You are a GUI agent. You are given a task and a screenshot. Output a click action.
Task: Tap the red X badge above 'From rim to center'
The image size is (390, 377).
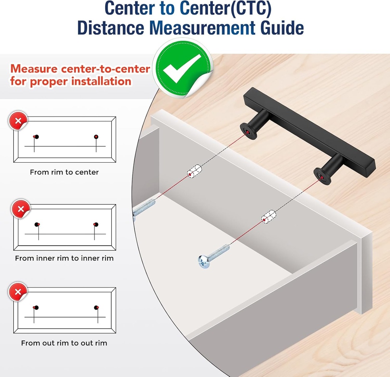click(18, 121)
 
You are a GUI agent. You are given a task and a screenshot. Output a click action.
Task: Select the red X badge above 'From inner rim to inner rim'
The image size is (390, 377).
click(21, 209)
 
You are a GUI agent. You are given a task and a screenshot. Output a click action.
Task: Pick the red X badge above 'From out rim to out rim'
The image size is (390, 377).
click(18, 292)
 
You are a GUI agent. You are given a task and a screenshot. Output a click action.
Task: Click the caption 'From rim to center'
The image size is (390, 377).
click(64, 172)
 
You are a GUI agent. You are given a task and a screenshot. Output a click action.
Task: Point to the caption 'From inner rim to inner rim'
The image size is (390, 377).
click(64, 258)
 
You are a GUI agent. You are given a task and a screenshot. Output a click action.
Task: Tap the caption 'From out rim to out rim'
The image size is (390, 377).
click(64, 343)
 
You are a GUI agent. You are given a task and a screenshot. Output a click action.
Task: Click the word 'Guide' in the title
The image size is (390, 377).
click(282, 28)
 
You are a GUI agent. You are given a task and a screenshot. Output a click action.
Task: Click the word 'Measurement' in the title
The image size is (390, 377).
click(202, 28)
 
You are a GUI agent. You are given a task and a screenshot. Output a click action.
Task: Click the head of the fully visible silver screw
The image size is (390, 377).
click(204, 262)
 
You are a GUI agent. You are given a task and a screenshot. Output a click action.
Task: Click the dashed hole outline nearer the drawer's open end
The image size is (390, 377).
click(194, 171)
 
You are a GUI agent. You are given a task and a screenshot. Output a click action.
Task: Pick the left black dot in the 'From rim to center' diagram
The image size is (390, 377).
click(37, 137)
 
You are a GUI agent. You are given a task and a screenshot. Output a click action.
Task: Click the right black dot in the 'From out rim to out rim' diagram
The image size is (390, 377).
click(96, 308)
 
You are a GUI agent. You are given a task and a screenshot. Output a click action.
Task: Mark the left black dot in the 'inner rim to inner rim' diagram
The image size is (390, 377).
click(37, 224)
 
